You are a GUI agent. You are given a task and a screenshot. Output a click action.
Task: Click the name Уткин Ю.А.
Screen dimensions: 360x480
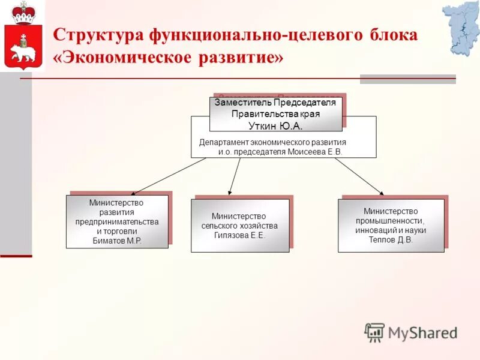275,125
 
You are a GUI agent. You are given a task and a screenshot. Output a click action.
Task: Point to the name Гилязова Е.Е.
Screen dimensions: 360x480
239,235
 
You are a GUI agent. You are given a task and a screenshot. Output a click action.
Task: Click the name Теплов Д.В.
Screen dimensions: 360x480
391,239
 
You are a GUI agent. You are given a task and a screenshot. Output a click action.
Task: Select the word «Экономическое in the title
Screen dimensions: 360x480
120,58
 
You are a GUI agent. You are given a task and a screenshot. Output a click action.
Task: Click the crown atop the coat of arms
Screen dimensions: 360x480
23,13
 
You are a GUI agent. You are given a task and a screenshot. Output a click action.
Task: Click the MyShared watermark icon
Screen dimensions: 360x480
374,332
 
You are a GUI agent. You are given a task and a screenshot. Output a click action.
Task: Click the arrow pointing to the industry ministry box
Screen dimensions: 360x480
359,176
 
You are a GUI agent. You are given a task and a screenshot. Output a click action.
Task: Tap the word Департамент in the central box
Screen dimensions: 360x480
225,142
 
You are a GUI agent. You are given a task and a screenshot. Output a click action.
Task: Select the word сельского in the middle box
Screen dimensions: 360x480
218,226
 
